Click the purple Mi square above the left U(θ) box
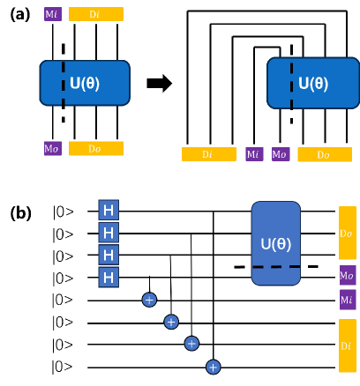[53, 14]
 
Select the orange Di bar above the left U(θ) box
[96, 14]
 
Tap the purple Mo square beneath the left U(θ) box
[53, 149]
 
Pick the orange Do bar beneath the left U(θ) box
[96, 149]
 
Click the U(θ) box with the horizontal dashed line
[275, 243]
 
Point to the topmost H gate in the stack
[109, 210]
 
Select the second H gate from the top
[109, 233]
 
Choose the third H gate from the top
[109, 255]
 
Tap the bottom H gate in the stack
[109, 278]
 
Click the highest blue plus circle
[149, 300]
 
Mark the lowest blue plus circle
[213, 367]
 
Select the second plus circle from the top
[171, 322]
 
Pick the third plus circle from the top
[191, 344]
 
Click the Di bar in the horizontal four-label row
[209, 154]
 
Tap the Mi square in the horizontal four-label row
[254, 154]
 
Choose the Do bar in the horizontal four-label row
[325, 154]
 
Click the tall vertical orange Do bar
[348, 233]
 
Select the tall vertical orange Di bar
[348, 345]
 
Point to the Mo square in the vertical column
[348, 275]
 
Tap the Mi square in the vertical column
[348, 300]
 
